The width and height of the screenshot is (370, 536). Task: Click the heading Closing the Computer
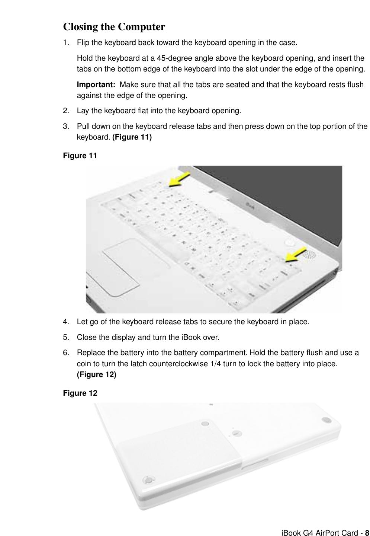(114, 27)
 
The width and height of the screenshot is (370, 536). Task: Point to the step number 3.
(66, 126)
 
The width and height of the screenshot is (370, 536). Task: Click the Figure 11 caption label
(80, 156)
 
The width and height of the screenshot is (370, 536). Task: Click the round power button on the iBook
(290, 243)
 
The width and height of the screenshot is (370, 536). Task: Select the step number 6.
(66, 352)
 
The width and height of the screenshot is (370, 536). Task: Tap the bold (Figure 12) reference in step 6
(96, 375)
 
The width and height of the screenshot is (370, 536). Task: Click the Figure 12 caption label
(80, 393)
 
